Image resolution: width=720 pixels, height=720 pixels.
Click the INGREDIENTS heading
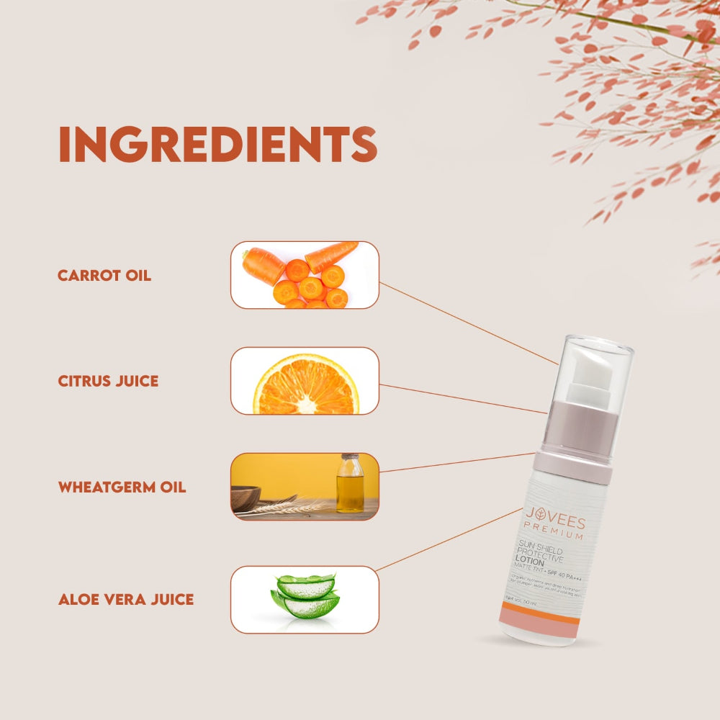217,145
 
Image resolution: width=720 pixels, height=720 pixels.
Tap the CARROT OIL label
104,275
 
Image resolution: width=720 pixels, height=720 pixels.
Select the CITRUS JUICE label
108,381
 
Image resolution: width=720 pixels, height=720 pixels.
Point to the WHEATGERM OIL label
122,487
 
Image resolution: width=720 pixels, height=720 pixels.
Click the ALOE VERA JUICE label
126,599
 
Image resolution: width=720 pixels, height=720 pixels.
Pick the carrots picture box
305,275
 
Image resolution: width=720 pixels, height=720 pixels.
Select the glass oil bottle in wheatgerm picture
350,485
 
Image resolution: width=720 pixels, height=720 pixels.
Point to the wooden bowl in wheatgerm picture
246,498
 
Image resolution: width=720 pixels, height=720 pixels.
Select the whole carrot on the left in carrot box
263,265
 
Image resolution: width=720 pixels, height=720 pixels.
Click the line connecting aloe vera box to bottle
450,539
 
